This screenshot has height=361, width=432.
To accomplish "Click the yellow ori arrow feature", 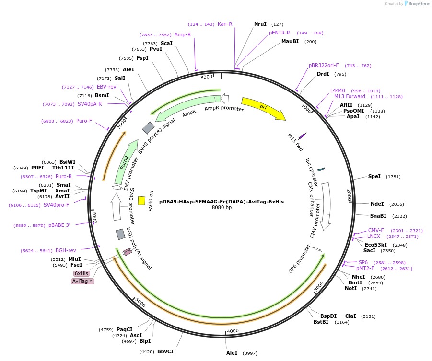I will coord(263,108).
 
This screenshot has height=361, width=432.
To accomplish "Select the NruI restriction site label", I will coord(260,24).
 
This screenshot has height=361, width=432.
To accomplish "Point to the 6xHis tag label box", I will coord(81,273).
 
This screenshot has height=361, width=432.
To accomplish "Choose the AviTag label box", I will coord(82,282).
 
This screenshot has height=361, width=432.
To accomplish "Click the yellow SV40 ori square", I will coord(141,201).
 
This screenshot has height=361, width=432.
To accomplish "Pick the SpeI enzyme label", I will coord(374,176).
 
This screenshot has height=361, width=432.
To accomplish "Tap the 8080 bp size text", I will coord(222,208).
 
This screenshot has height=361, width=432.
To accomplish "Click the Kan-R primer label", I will coord(225,24).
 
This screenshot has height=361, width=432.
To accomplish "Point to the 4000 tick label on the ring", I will coord(233,331).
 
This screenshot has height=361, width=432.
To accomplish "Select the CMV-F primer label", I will coord(376,230).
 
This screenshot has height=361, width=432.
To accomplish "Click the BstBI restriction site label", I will coord(321,322).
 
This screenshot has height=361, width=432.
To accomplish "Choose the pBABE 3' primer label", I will coord(59,225).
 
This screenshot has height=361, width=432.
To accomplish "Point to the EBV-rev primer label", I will coord(106,87).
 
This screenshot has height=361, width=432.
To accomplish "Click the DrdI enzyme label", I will coord(323,74).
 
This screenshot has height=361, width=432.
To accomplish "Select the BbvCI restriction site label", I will coord(165,351).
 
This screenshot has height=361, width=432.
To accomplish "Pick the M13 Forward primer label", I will coord(350,96).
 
